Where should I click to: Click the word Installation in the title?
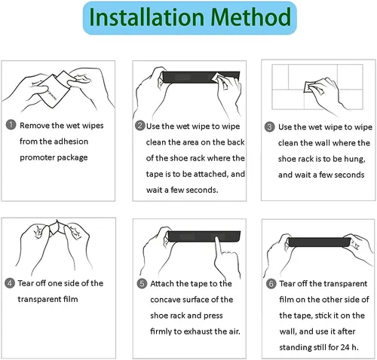pyautogui.click(x=146, y=17)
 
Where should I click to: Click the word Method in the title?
pyautogui.click(x=251, y=17)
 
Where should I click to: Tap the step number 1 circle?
pyautogui.click(x=11, y=125)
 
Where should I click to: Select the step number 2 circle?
pyautogui.click(x=140, y=126)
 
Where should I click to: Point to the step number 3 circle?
pyautogui.click(x=269, y=127)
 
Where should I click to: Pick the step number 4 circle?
pyautogui.click(x=10, y=283)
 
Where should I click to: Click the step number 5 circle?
pyautogui.click(x=142, y=284)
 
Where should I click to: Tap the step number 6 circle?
pyautogui.click(x=271, y=284)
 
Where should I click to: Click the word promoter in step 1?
pyautogui.click(x=37, y=158)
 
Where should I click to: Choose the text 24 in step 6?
pyautogui.click(x=345, y=347)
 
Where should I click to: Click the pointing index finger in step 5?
pyautogui.click(x=218, y=247)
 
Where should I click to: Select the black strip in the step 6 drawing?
pyautogui.click(x=319, y=242)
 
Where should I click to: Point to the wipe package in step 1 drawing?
pyautogui.click(x=54, y=91)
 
